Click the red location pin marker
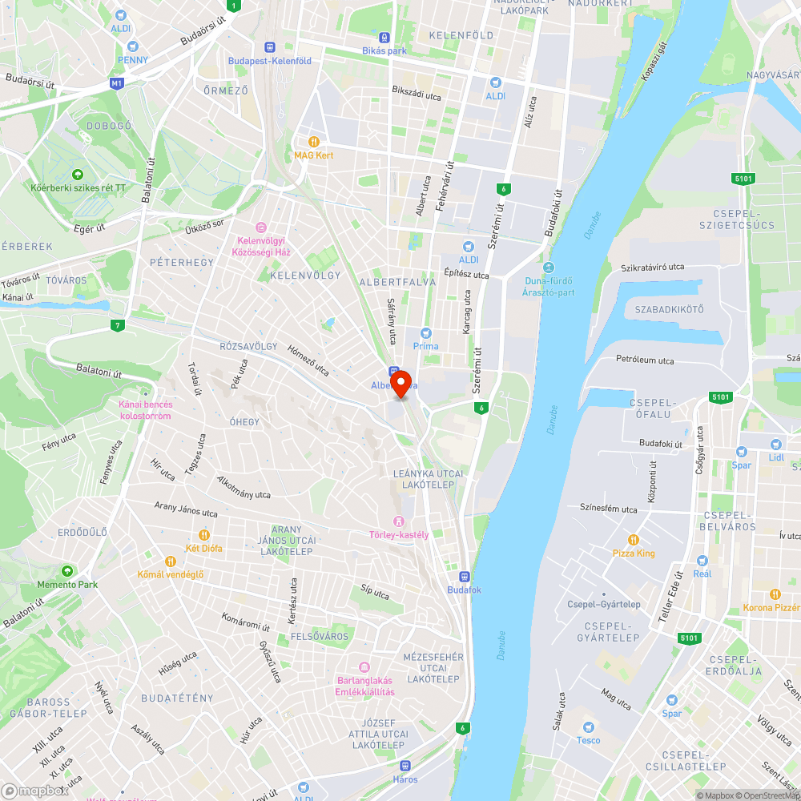point(400,383)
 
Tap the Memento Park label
point(67,585)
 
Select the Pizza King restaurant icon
point(633,539)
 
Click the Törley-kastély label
point(399,535)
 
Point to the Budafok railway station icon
point(464,576)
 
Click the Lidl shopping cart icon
point(775,443)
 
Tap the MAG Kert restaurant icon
point(313,141)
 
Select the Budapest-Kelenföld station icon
point(270,47)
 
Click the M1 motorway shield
point(118,83)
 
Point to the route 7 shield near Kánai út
point(118,325)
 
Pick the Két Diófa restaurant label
point(203,549)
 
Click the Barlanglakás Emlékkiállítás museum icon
point(364,667)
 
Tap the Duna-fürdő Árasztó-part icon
point(548,268)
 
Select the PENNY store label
point(132,59)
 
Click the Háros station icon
point(405,765)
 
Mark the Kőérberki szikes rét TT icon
point(78,175)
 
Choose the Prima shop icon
point(425,332)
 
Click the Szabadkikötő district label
point(668,309)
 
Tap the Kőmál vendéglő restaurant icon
point(170,562)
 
